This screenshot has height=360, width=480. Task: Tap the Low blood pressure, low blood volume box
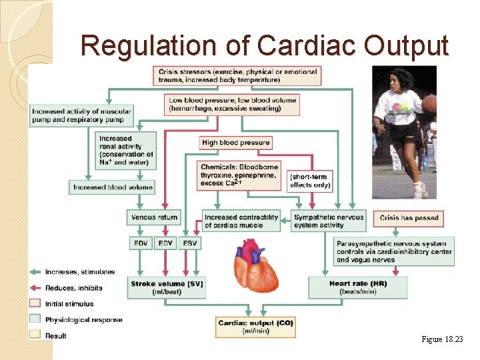pos(231,104)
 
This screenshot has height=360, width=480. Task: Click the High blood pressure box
pos(235,143)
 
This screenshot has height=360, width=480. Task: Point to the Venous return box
pos(153,217)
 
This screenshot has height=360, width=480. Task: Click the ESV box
pos(190,243)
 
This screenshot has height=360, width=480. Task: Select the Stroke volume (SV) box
pos(167,287)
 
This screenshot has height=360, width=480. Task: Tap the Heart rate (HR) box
pos(358,287)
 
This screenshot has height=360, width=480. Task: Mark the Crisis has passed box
pos(409,217)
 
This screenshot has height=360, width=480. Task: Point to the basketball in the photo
pos(429,103)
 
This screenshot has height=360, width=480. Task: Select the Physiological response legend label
pos(83,320)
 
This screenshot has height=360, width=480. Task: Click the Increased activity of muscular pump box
pos(81,115)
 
